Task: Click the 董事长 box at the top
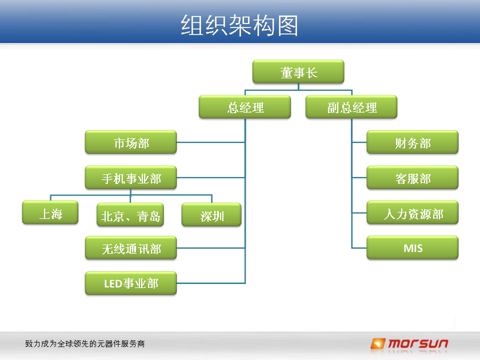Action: (x=298, y=71)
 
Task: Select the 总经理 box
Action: (x=245, y=107)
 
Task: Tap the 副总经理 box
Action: (x=351, y=107)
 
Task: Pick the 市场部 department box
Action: (x=131, y=142)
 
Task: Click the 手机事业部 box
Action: (x=131, y=178)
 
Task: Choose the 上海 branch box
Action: (x=50, y=213)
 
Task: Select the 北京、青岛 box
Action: (x=130, y=215)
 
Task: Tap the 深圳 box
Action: (x=211, y=215)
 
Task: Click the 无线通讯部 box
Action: (x=131, y=248)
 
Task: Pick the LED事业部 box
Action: (x=131, y=283)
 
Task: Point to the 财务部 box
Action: (x=413, y=142)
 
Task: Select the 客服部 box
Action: (x=413, y=178)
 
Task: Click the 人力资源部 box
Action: (x=413, y=213)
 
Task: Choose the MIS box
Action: (x=413, y=247)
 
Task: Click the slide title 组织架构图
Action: (x=239, y=25)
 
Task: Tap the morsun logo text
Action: (x=418, y=344)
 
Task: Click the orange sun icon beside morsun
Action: (x=378, y=343)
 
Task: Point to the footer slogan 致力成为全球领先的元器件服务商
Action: (x=85, y=344)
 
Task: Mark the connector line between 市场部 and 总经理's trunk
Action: (x=211, y=142)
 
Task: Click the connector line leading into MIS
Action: (x=359, y=247)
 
